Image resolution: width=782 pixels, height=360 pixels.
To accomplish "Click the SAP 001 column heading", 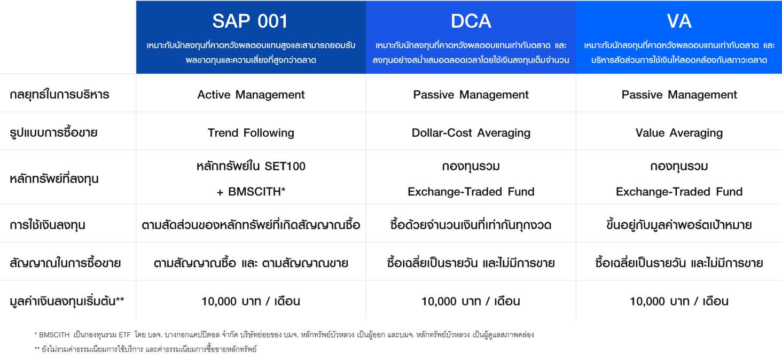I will coord(250,21).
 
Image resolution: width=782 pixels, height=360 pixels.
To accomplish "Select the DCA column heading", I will coord(471,21).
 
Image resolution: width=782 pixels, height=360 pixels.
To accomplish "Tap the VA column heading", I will coord(679,21).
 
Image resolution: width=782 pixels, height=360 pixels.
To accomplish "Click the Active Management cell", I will coord(251,95).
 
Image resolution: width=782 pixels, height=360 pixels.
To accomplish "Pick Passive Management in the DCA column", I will coord(471,95).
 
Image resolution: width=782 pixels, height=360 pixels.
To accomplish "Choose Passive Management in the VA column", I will coord(679,95).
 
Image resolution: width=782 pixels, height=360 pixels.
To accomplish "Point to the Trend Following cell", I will coord(251,132).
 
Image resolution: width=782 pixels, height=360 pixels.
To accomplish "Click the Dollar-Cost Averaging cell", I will coord(471,132).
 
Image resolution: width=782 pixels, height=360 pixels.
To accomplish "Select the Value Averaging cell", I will coord(679,132).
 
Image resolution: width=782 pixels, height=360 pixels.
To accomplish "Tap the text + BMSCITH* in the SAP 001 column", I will coord(251,192).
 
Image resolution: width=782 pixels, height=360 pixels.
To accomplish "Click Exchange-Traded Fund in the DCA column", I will coord(471,192).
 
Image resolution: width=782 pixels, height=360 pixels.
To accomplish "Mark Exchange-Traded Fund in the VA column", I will coord(679,192).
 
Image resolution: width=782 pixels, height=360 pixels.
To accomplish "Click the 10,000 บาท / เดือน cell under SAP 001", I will coord(251,301).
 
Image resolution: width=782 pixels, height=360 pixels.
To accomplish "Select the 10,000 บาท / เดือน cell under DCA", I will coord(471,301).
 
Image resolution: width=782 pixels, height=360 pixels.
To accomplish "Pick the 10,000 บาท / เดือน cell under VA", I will coord(679,301).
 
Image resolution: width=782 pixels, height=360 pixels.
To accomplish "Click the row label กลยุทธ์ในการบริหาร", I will coord(59,95).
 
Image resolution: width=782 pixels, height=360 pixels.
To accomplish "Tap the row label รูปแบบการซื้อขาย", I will coord(53,132).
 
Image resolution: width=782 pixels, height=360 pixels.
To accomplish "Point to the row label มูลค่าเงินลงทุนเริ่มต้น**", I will coord(67,301).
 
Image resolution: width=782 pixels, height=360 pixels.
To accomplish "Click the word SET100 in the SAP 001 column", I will coord(285,166).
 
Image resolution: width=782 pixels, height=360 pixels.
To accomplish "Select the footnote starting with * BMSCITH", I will coord(284,335).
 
